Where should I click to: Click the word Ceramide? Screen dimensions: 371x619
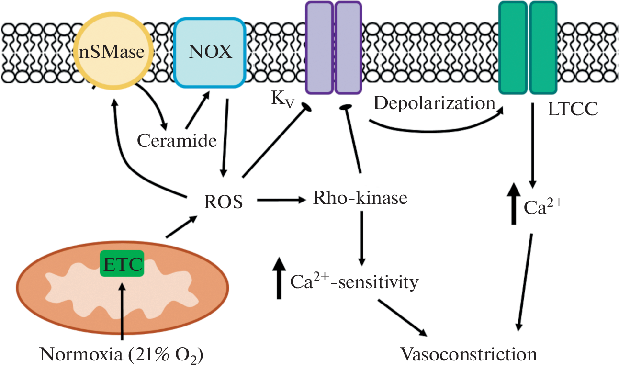177,141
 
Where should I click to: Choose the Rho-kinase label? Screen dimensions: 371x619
360,198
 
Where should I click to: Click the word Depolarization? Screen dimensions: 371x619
434,103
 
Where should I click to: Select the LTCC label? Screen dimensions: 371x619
573,110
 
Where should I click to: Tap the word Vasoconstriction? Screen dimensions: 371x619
468,355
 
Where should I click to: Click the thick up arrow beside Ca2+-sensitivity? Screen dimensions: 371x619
279,278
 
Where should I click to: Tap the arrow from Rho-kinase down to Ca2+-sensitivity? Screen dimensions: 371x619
362,237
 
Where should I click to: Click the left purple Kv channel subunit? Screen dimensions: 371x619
319,47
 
